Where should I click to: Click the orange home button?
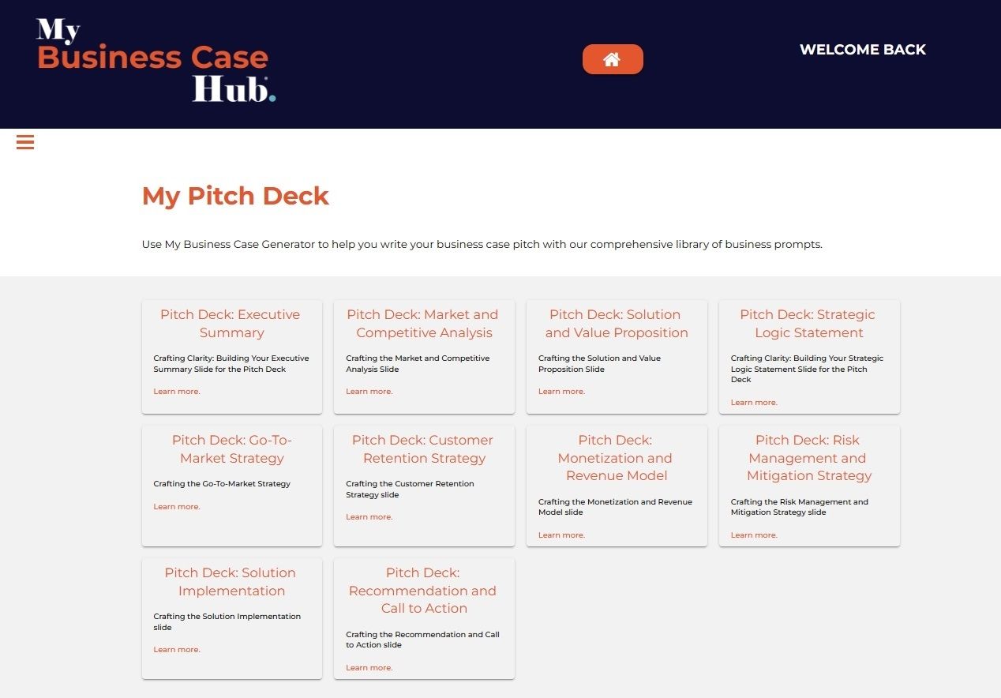613,59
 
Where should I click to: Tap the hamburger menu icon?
25,142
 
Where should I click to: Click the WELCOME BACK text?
862,50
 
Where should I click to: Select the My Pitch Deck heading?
235,196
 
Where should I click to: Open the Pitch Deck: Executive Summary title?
231,324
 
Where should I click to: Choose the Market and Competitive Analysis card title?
423,324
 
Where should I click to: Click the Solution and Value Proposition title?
616,324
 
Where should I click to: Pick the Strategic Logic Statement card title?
808,324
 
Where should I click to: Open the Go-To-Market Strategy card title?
231,449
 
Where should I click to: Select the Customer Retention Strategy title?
423,449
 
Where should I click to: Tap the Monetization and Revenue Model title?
616,458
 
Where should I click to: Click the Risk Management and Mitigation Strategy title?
808,458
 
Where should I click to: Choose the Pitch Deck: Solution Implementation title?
231,582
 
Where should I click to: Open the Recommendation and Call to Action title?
423,591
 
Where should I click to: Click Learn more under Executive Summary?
177,392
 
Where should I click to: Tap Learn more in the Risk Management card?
754,535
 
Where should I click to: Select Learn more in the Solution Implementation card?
177,650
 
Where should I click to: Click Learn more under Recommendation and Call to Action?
369,668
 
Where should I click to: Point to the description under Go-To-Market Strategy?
222,484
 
